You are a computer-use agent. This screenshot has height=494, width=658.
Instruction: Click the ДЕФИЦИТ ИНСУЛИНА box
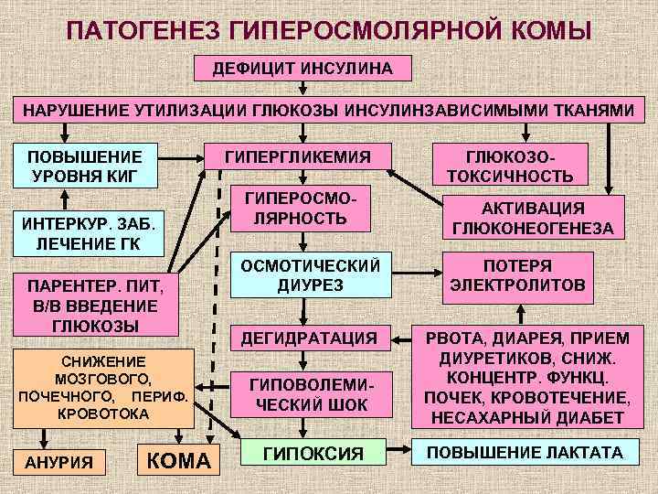point(302,69)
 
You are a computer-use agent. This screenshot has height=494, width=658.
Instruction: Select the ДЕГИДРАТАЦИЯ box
point(309,338)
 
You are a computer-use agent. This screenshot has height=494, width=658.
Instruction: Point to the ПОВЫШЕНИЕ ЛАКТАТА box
point(519,452)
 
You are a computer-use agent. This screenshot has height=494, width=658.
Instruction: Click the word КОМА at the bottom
point(178,460)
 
